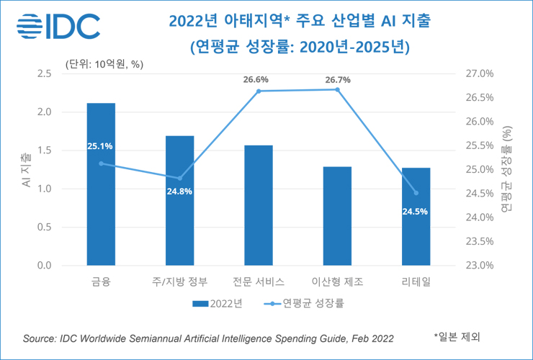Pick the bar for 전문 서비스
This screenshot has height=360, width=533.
click(x=259, y=205)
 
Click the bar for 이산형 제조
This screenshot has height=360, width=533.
click(x=337, y=216)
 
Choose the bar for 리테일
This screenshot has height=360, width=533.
click(x=416, y=217)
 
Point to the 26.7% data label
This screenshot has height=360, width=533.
click(x=338, y=80)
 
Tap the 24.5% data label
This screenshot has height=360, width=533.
click(x=416, y=211)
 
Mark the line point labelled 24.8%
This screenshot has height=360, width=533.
click(x=180, y=179)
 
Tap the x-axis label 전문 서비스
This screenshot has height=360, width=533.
click(x=259, y=282)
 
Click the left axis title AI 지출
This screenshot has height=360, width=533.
click(x=26, y=170)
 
